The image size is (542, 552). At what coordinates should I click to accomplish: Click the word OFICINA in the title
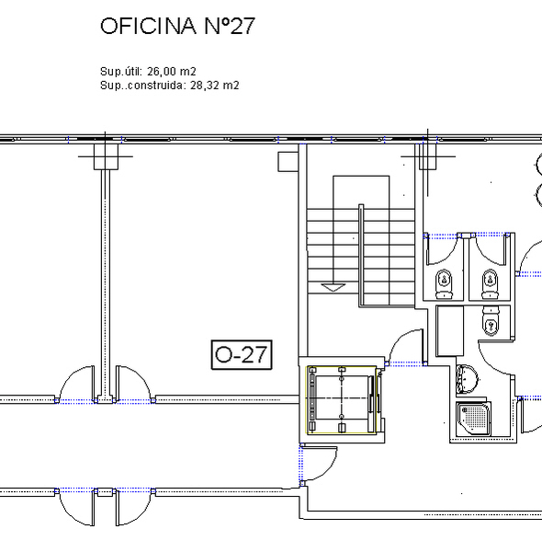point(148,26)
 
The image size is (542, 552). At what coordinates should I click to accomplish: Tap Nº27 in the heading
point(230,26)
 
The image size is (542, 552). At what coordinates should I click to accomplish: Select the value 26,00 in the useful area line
point(162,72)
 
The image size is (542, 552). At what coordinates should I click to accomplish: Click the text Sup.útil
point(121,72)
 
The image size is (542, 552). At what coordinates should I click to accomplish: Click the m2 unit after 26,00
point(187,72)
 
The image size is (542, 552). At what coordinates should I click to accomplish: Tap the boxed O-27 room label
point(242,354)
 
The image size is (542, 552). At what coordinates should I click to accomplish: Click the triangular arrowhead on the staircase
point(333,287)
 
